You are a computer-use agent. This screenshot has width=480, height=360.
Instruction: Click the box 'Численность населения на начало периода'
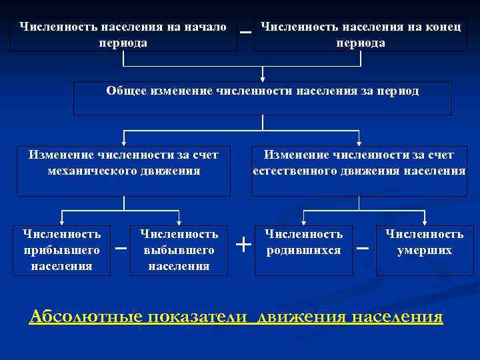[x=123, y=34]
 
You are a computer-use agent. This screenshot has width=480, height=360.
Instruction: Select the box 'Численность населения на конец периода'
[x=360, y=34]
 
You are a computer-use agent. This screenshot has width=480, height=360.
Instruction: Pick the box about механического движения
[x=123, y=170]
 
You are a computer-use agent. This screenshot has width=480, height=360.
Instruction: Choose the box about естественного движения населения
[x=359, y=170]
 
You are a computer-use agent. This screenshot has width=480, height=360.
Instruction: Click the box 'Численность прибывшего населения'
[x=61, y=250]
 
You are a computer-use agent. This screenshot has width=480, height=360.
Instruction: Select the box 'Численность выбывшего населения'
[x=179, y=250]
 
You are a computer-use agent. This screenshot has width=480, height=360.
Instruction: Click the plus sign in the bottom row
[x=244, y=245]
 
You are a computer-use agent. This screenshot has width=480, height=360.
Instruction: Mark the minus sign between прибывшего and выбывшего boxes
[x=121, y=249]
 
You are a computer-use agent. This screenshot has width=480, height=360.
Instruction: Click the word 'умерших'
[x=425, y=251]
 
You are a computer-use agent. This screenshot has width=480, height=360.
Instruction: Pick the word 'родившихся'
[x=304, y=251]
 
